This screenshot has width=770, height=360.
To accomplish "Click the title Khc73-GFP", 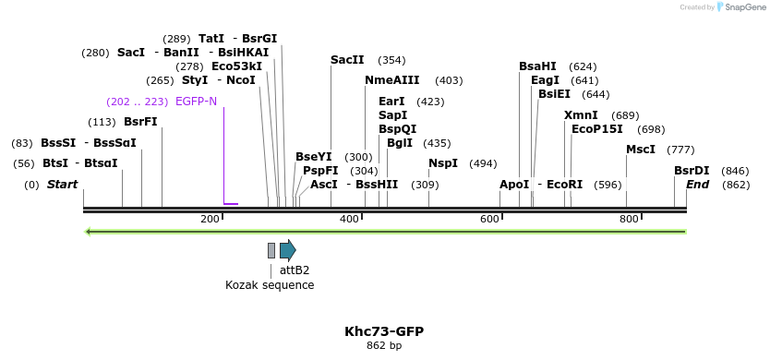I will point(384,331).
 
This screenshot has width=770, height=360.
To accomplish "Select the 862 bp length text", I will point(384,346).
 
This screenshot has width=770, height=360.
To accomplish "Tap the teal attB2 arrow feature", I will point(287,250).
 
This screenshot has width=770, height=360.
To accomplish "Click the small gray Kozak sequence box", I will point(271,250).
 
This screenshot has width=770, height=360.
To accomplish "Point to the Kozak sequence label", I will point(270,285).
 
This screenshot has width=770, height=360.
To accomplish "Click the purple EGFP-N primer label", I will point(196,101).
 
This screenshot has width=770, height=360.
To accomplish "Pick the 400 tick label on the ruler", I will point(349,219).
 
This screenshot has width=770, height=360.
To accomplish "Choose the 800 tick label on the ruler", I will point(629,219).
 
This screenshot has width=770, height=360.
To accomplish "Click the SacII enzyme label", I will point(347,60).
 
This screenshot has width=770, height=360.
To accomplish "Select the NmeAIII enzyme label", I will point(392,80).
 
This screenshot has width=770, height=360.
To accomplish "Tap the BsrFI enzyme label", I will point(140,122).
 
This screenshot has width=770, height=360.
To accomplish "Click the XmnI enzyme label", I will point(581,115).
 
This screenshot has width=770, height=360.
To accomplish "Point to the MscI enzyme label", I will point(641,150).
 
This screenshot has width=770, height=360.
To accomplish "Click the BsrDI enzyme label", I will point(692,171).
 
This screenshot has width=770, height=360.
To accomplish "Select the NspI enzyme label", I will point(443,163).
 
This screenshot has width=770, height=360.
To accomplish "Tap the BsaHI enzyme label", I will point(537,66).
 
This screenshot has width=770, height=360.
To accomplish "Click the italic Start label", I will point(62,185).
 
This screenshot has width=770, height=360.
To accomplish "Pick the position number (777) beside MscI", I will point(680,150).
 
